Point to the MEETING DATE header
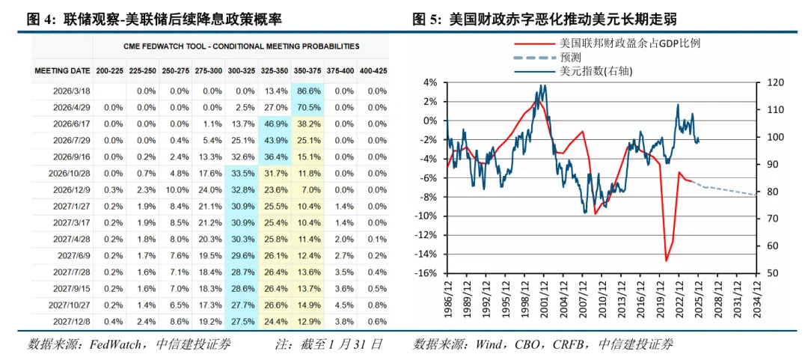point(62,70)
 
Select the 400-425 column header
point(373,70)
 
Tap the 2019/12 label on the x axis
point(660,296)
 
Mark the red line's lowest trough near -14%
point(666,260)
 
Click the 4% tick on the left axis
point(429,82)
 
